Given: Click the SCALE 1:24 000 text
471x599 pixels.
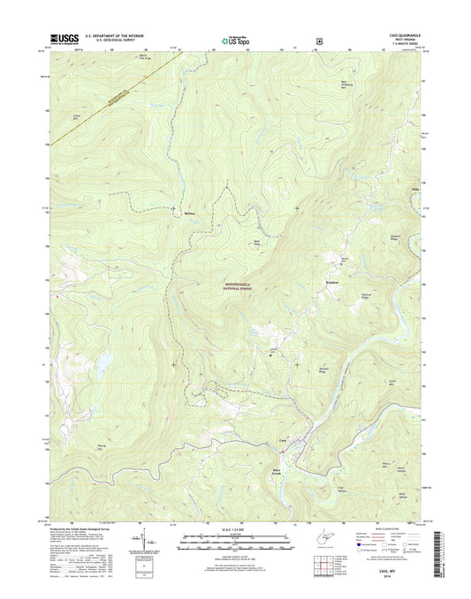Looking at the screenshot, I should (x=235, y=529).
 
